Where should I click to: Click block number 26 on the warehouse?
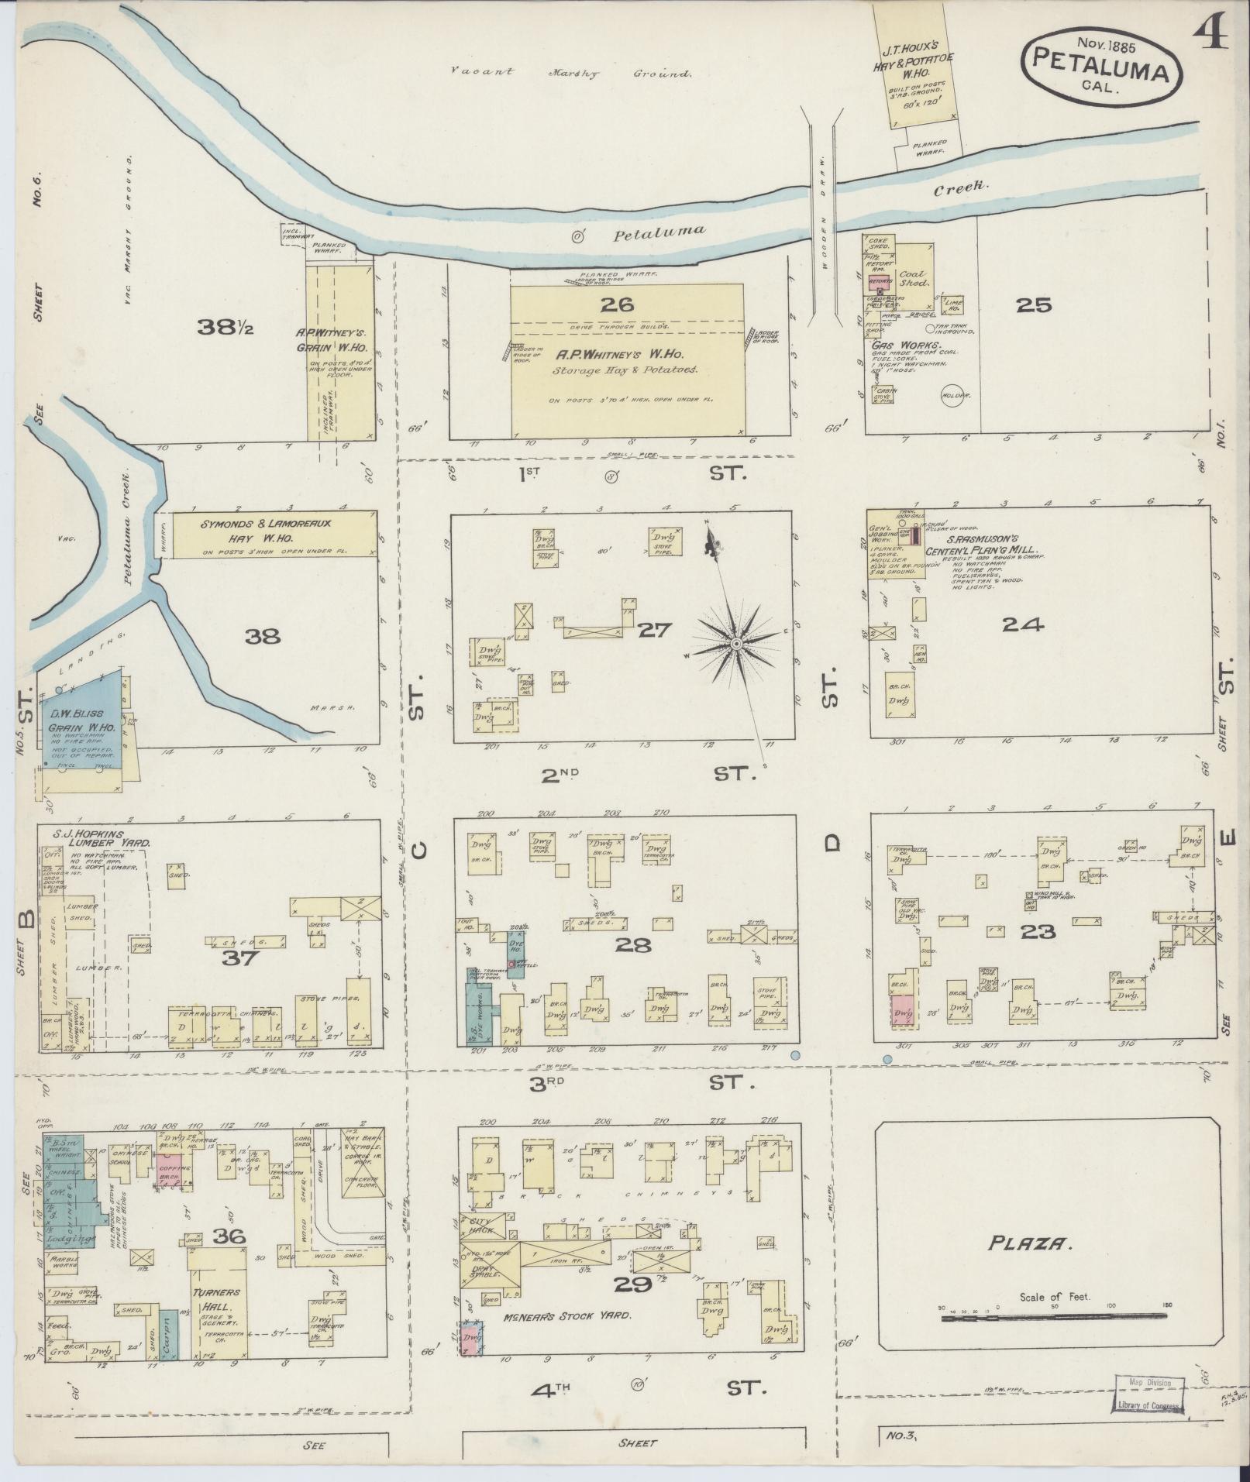point(621,304)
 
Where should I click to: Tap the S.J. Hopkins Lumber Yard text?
point(100,838)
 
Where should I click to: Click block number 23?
point(1038,931)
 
